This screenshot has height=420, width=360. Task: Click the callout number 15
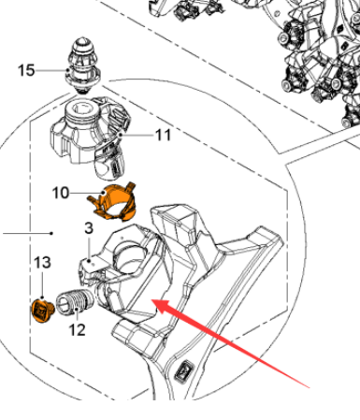26,70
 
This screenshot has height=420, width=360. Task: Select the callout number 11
163,135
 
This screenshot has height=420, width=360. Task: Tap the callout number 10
60,193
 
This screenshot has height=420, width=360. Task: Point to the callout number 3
89,228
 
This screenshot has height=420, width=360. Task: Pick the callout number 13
42,263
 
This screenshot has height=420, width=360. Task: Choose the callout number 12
77,330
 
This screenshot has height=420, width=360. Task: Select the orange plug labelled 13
43,310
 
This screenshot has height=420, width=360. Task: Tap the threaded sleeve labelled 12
75,300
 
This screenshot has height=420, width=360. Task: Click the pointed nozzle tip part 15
82,65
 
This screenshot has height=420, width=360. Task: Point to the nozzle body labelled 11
90,138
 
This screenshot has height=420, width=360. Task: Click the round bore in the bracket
130,256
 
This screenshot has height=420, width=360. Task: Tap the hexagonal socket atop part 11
82,109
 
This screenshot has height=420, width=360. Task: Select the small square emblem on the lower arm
184,370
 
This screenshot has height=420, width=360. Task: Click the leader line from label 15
51,71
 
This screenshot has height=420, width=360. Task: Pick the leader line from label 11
137,135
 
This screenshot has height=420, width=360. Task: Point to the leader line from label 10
86,193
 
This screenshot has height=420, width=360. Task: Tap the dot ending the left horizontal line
51,233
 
